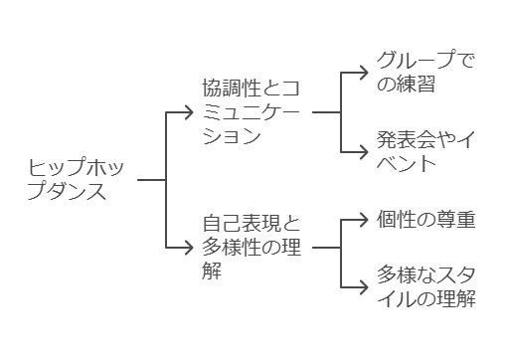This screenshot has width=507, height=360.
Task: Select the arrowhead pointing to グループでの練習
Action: (364, 73)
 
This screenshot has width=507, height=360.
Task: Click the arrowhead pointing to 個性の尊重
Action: (364, 218)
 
